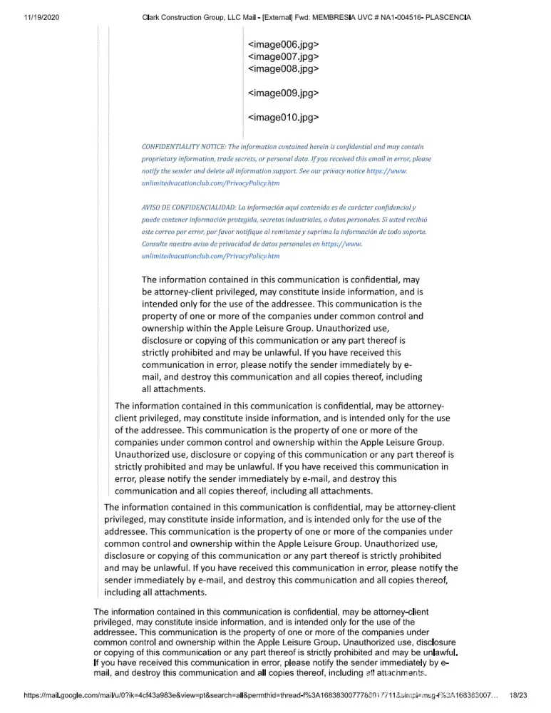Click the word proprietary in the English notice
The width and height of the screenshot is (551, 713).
(x=163, y=158)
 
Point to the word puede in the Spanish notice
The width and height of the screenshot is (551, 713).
(x=153, y=219)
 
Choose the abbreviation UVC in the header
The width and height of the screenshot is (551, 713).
(x=371, y=16)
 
